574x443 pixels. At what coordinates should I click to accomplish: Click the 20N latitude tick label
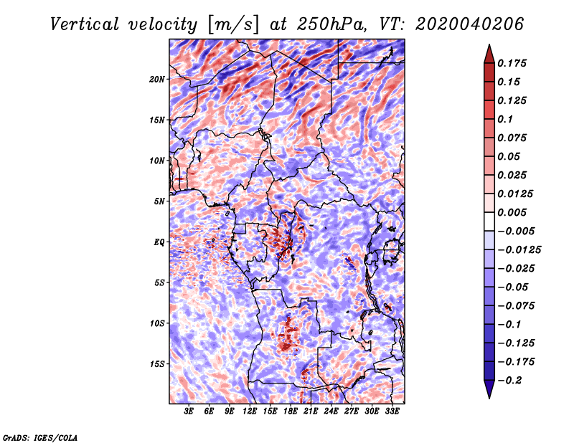[157, 79]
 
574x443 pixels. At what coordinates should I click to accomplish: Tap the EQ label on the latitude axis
[159, 242]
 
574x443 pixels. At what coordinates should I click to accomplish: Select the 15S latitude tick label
[157, 364]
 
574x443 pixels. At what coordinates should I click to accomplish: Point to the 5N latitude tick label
[159, 201]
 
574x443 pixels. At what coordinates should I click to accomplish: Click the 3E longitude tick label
[189, 411]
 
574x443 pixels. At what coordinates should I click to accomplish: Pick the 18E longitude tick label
[291, 411]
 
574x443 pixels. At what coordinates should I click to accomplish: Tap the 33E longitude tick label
[392, 411]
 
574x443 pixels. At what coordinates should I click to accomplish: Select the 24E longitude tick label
[331, 411]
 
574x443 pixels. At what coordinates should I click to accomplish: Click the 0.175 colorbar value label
[512, 63]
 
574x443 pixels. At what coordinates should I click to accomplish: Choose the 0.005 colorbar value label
[512, 212]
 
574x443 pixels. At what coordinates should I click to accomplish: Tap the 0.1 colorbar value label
[506, 119]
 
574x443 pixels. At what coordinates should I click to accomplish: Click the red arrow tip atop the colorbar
[489, 45]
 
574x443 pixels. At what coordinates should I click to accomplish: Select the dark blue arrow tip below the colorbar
[489, 397]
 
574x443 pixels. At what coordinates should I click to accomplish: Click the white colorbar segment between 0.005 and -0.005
[489, 221]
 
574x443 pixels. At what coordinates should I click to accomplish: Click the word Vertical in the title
[85, 24]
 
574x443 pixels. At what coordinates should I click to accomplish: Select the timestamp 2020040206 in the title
[469, 24]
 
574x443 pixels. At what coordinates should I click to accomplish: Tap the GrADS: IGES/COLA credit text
[40, 437]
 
